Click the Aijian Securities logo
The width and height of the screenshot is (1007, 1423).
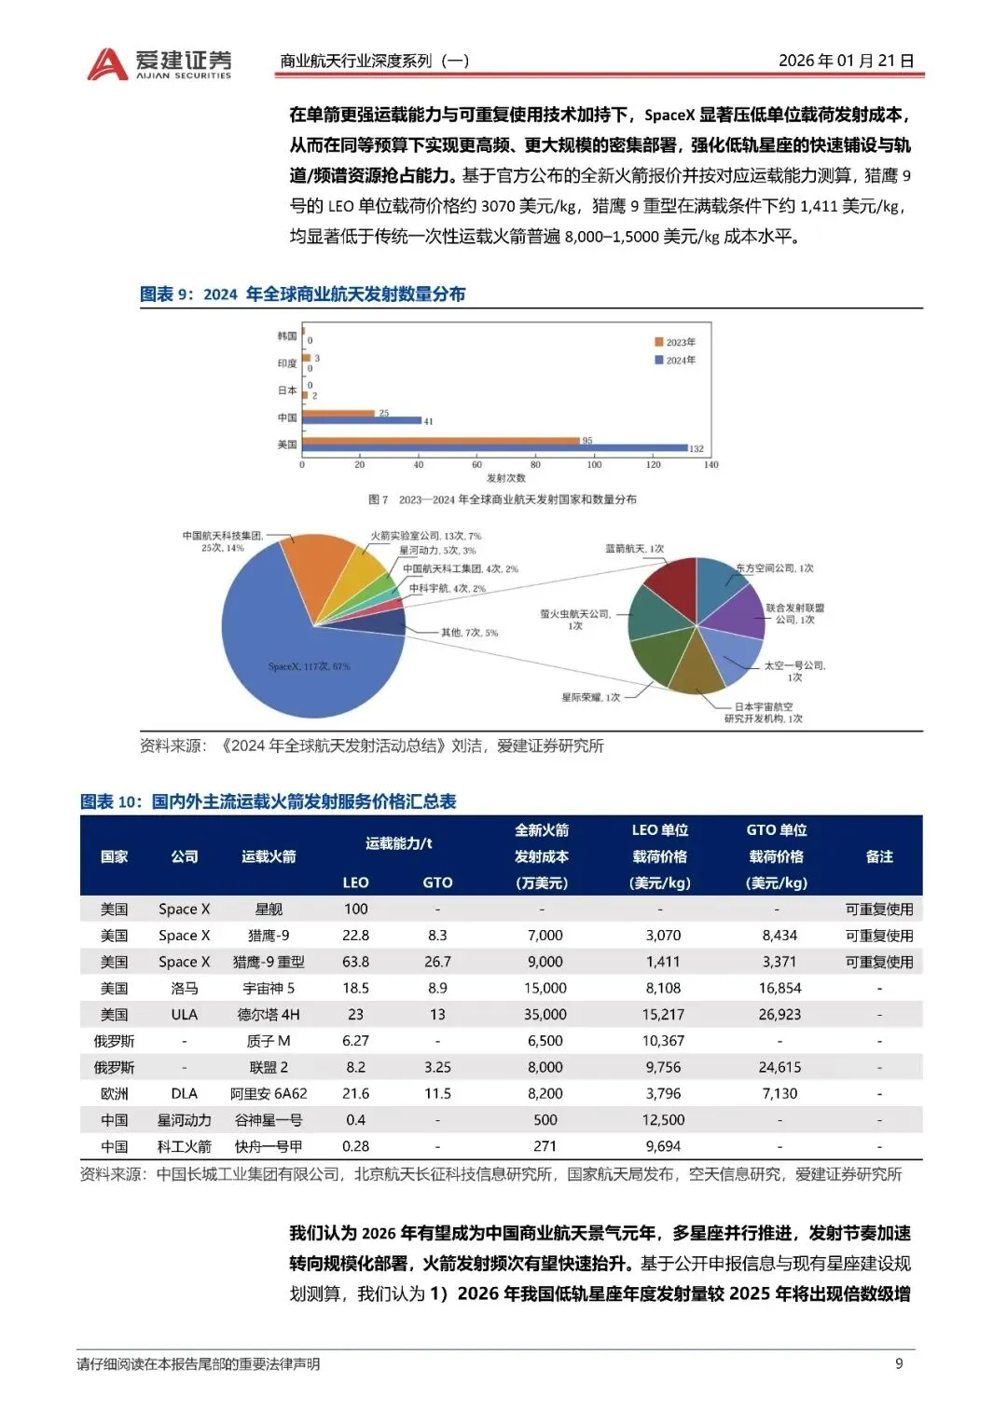click(x=159, y=63)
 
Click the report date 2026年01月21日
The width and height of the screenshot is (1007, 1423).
click(x=846, y=61)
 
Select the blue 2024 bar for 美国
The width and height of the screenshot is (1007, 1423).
click(x=494, y=448)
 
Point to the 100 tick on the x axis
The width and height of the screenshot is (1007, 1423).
click(x=594, y=464)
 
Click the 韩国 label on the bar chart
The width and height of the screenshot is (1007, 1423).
click(x=286, y=335)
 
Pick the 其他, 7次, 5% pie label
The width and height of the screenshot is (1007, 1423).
click(x=469, y=633)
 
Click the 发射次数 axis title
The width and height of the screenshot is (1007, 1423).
click(x=505, y=478)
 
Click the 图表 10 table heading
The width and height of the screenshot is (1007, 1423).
click(x=269, y=801)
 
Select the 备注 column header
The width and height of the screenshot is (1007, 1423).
click(x=879, y=856)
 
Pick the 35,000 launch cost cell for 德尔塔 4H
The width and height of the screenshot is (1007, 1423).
click(x=545, y=1014)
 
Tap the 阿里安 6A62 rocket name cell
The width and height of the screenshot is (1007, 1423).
click(x=269, y=1093)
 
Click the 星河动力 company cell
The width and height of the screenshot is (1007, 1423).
click(x=184, y=1119)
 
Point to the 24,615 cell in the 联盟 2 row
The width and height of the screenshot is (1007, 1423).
click(x=779, y=1067)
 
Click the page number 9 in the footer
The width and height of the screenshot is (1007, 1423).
click(x=899, y=1363)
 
